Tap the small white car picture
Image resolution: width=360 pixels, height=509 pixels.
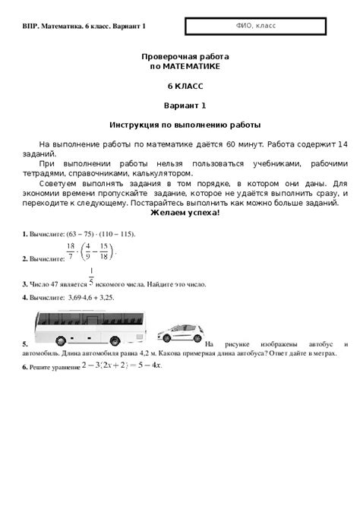click(178, 334)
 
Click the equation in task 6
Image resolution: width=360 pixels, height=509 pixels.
click(122, 365)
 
